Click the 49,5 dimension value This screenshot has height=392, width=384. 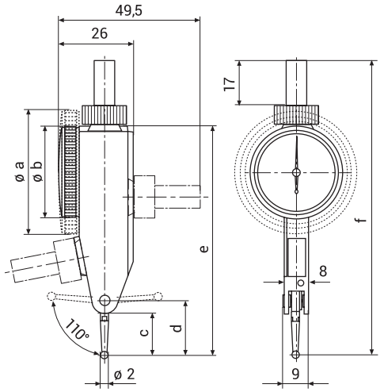click(129, 11)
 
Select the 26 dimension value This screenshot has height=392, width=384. click(100, 34)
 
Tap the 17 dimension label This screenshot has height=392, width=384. click(230, 84)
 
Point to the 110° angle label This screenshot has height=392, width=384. click(77, 329)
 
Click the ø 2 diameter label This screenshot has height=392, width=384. click(124, 374)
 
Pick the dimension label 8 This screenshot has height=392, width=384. click(323, 271)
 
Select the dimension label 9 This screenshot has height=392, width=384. click(296, 374)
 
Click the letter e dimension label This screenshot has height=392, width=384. click(204, 248)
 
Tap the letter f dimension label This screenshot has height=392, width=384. click(363, 220)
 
